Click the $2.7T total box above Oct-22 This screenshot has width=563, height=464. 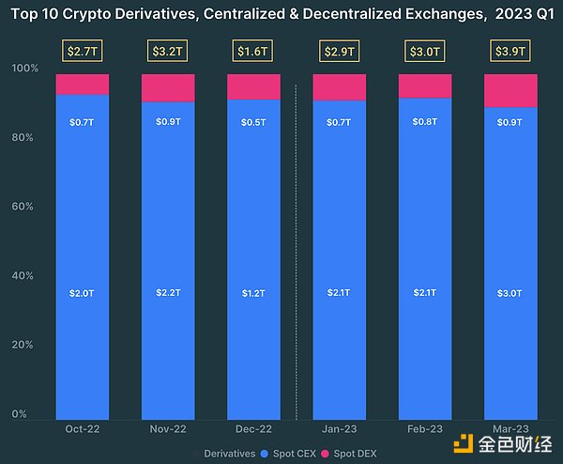coord(83,50)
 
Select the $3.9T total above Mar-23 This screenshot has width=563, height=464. coord(510,50)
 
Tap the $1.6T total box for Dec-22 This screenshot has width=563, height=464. coord(253,50)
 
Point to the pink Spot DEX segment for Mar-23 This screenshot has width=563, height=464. coord(510,90)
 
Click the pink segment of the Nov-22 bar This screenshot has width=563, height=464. coord(168,87)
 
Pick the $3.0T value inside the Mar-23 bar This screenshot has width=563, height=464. coord(510,293)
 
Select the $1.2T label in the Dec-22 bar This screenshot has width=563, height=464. coord(253,293)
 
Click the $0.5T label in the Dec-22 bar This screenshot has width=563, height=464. coord(253,121)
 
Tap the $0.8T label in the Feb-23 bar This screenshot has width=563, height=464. coord(425,121)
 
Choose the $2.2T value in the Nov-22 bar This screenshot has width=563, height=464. coord(168,293)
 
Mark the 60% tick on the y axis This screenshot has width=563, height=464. coord(26,207)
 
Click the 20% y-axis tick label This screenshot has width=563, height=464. coord(26,345)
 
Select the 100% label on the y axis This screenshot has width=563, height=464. coord(24,69)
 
